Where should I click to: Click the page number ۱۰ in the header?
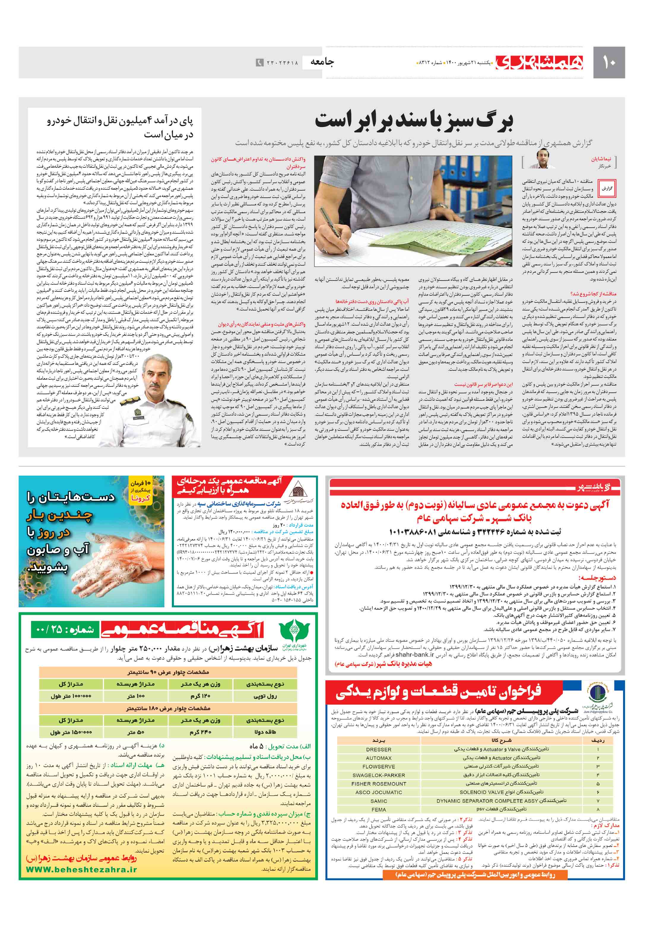point(608,63)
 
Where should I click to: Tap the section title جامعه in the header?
point(322,62)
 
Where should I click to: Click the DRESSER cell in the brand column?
point(378,749)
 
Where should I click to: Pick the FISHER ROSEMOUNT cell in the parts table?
point(378,783)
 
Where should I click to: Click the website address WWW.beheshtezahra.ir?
point(81,869)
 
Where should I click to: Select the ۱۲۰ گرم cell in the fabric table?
point(200,696)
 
